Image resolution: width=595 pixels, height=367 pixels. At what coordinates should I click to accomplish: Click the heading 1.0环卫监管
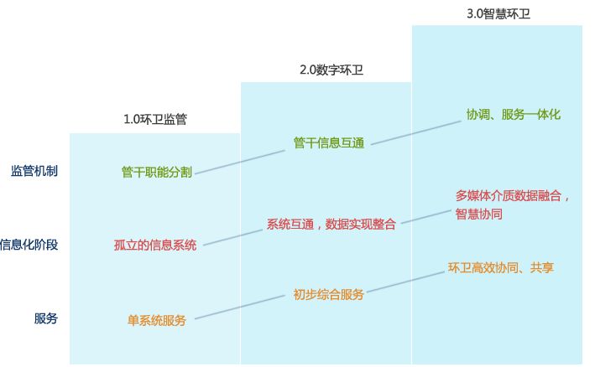tap(155, 119)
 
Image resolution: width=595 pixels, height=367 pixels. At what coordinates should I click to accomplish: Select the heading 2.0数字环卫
tap(326, 70)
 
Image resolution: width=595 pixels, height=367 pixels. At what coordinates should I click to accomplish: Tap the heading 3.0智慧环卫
tap(498, 14)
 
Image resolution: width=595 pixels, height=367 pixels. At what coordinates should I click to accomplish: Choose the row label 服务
tap(46, 318)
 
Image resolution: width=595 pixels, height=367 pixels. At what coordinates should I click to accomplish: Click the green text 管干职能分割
tap(157, 172)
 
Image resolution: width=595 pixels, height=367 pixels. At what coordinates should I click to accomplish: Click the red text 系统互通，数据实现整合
tap(331, 224)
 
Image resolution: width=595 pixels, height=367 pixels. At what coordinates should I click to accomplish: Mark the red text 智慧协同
tap(479, 214)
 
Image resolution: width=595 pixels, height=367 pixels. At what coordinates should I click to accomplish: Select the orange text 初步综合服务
tap(328, 294)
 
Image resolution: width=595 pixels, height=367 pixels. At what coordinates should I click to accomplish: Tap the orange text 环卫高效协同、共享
tap(501, 268)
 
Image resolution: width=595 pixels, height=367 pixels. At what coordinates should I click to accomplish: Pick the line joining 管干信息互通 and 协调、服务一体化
tap(415, 132)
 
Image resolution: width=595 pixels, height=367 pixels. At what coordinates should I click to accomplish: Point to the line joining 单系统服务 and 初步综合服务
tap(239, 308)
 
